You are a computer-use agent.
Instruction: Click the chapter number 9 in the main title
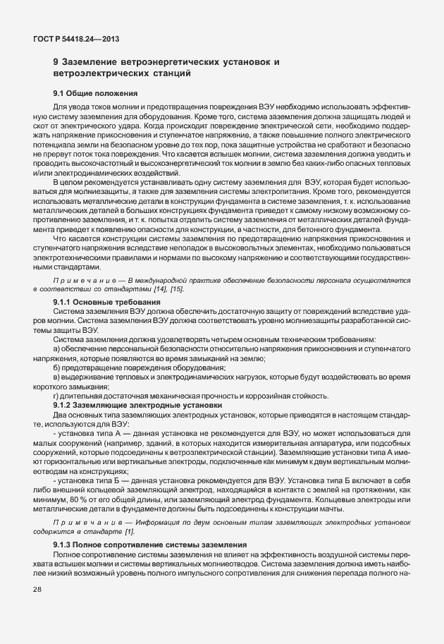pos(56,62)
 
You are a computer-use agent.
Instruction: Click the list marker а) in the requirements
pos(56,349)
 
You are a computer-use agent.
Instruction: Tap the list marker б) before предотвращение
pos(56,367)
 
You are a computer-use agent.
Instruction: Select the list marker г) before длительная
pos(56,395)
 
